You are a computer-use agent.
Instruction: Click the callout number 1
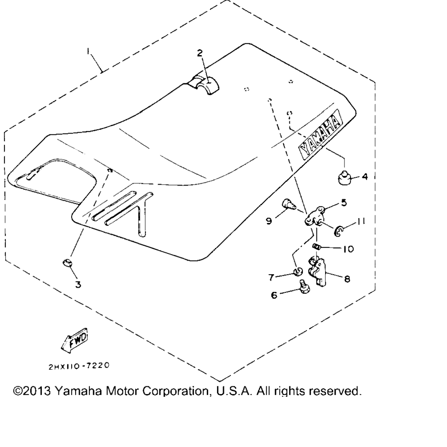(x=88, y=51)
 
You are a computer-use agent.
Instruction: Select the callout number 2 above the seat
(x=199, y=53)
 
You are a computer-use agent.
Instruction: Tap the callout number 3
(x=78, y=284)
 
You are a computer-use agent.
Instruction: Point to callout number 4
(x=364, y=177)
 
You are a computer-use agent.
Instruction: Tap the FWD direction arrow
(x=75, y=340)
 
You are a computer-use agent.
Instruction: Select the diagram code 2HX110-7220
(x=79, y=366)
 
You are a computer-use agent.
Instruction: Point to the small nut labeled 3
(x=67, y=263)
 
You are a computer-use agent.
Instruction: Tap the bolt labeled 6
(x=304, y=287)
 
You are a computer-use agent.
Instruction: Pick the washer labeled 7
(x=298, y=272)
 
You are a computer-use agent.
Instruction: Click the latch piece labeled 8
(x=317, y=271)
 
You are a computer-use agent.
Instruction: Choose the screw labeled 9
(x=289, y=204)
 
